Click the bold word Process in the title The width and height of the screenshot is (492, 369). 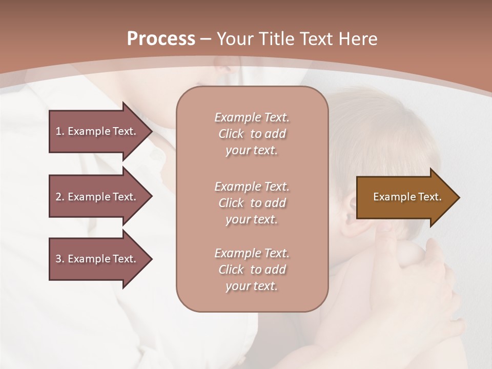click(x=161, y=39)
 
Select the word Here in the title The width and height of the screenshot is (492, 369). click(x=357, y=39)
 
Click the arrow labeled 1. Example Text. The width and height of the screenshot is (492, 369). click(x=96, y=131)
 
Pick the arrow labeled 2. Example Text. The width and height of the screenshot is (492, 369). click(x=96, y=197)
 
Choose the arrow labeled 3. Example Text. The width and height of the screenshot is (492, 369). click(x=96, y=259)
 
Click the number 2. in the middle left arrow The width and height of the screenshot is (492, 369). click(x=60, y=197)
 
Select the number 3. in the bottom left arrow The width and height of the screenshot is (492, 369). click(x=60, y=259)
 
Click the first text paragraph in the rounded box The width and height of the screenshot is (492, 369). click(x=252, y=134)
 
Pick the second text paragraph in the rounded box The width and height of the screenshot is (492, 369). click(x=252, y=203)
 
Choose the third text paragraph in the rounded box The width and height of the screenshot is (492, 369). click(x=252, y=270)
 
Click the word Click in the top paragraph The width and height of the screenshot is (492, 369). click(x=231, y=134)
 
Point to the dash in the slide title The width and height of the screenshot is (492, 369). click(x=206, y=39)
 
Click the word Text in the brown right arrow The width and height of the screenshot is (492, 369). click(x=429, y=197)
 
